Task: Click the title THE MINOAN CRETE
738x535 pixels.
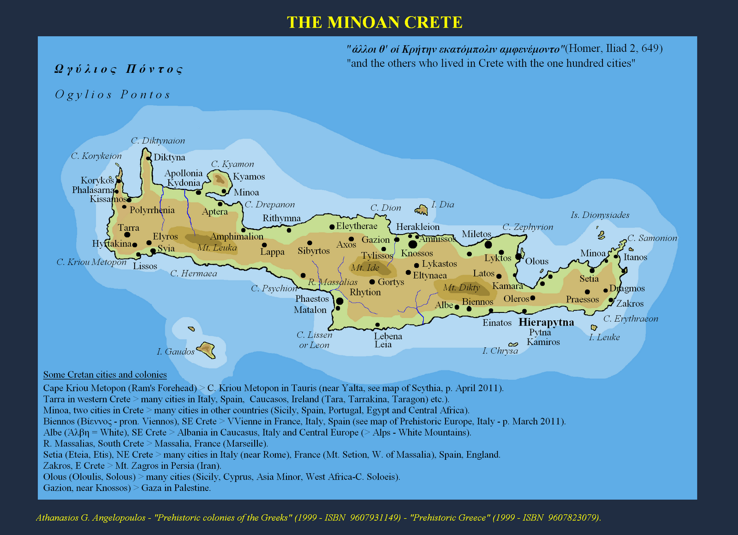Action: (x=375, y=22)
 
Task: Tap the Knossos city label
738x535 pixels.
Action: (x=417, y=253)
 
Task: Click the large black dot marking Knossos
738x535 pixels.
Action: (x=412, y=244)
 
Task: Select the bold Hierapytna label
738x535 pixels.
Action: (x=547, y=322)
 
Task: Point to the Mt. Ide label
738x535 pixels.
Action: (x=365, y=268)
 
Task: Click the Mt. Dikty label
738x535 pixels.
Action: (x=461, y=288)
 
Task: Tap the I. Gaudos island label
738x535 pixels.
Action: (x=176, y=352)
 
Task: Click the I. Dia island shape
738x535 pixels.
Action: (x=422, y=210)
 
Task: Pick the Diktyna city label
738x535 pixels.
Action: (x=169, y=157)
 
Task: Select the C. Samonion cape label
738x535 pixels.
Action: (x=652, y=238)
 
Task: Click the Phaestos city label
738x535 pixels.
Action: (x=312, y=299)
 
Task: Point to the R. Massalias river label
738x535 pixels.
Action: (x=333, y=282)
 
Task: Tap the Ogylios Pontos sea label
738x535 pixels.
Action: (x=113, y=95)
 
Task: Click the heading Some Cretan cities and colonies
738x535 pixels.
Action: (x=105, y=375)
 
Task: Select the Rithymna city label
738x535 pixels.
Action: (x=281, y=218)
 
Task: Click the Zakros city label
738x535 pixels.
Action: (x=630, y=303)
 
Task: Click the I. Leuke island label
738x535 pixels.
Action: (x=604, y=337)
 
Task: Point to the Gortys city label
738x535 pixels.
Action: (x=391, y=282)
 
